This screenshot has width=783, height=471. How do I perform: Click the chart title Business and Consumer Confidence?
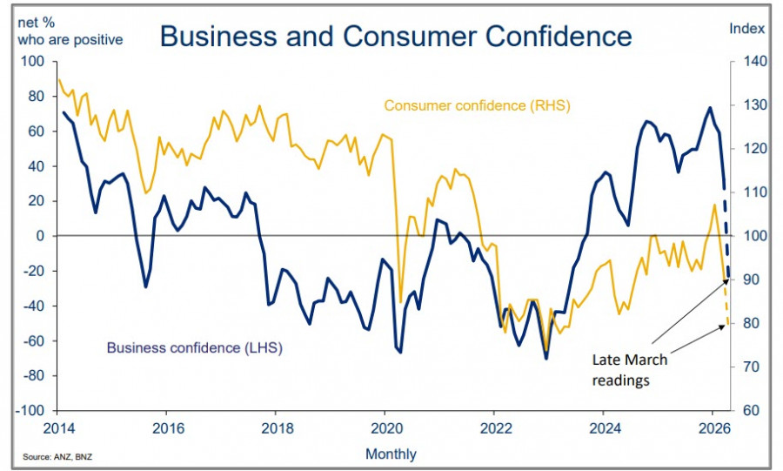(396, 36)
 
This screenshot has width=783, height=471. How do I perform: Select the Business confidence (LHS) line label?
(194, 347)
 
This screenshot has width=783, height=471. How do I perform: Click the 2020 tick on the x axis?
(386, 427)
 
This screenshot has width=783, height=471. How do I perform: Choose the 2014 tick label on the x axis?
(59, 427)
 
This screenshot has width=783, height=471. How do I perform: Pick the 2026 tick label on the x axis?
(713, 427)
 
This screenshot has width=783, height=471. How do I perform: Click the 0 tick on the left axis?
(40, 236)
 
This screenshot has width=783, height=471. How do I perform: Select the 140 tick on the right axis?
(753, 62)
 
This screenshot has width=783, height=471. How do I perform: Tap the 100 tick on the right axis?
(753, 236)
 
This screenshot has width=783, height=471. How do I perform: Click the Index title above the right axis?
(746, 28)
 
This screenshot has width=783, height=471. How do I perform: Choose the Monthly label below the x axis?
(391, 454)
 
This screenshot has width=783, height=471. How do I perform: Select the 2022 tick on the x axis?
(495, 427)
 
